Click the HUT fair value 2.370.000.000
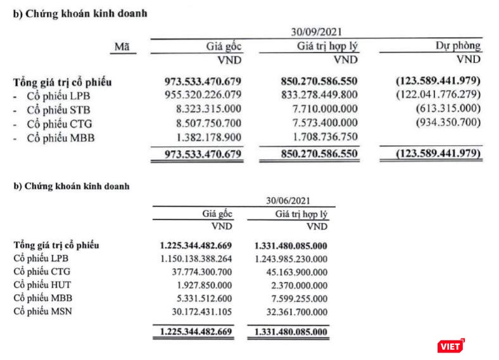(298, 285)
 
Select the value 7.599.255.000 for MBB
(298, 299)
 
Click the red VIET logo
(451, 346)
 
